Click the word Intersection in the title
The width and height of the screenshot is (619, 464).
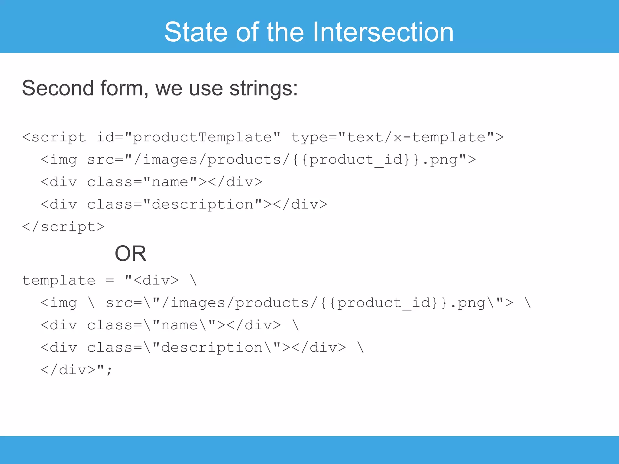point(383,32)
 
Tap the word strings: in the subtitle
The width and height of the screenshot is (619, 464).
point(264,89)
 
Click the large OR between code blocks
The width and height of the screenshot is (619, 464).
point(130,253)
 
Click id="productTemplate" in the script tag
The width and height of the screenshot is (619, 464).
point(188,137)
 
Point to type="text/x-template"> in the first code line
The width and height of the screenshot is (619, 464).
point(397,137)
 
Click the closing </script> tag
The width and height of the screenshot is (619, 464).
point(63,227)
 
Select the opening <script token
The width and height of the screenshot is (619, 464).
point(54,137)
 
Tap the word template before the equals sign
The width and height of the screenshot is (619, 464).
point(59,280)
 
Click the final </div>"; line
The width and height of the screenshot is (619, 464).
point(76,370)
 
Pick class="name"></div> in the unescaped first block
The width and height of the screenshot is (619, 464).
point(174,182)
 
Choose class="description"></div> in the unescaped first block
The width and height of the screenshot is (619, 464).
point(207,205)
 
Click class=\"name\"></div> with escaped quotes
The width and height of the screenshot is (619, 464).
point(184,325)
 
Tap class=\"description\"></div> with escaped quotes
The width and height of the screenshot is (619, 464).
point(216,348)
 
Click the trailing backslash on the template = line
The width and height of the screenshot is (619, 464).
point(193,280)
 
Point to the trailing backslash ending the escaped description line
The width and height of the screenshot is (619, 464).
point(361,348)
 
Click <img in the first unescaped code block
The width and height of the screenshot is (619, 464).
point(59,160)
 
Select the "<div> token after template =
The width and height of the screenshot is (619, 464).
point(152,280)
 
